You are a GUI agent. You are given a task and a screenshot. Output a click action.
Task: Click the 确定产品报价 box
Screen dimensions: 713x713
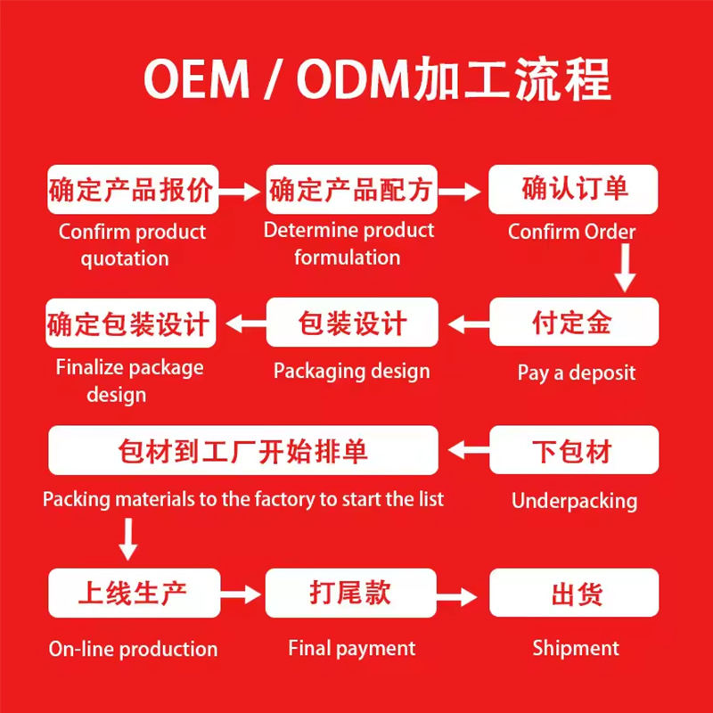(132, 190)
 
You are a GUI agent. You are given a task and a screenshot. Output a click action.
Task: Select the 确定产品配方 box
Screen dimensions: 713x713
(351, 190)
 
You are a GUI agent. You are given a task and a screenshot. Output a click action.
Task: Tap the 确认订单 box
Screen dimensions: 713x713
(573, 190)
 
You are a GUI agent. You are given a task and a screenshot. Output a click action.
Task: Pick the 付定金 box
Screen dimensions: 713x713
(573, 322)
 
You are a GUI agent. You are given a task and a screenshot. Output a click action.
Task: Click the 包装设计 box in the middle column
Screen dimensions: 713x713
(351, 323)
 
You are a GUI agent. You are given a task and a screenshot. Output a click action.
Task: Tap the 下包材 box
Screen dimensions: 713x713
(573, 450)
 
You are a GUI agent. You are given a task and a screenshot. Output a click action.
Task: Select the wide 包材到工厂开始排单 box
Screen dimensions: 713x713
(242, 450)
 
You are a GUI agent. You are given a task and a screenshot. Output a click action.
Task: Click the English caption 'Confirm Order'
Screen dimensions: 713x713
(572, 232)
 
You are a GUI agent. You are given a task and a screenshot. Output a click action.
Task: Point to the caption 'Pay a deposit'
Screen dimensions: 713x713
(577, 372)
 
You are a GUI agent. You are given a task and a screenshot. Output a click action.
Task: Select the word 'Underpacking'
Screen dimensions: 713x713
(574, 501)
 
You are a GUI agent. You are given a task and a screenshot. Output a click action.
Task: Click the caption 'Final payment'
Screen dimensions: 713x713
(351, 648)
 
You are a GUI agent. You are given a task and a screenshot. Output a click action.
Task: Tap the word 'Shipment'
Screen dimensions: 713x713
(576, 648)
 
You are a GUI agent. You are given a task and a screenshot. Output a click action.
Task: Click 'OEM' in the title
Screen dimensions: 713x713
(197, 80)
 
